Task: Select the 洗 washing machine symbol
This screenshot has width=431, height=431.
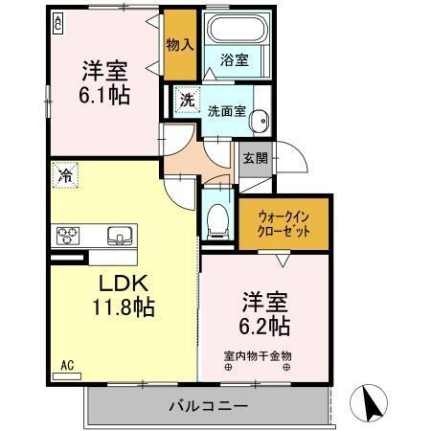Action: (x=188, y=100)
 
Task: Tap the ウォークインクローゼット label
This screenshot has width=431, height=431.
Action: (x=284, y=222)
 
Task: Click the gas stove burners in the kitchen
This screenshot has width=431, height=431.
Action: (x=70, y=235)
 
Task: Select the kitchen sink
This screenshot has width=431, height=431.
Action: (x=121, y=235)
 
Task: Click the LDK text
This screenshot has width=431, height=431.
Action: (x=122, y=284)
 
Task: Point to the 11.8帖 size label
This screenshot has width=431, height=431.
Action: (x=124, y=307)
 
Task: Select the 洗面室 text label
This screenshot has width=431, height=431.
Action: (x=226, y=109)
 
